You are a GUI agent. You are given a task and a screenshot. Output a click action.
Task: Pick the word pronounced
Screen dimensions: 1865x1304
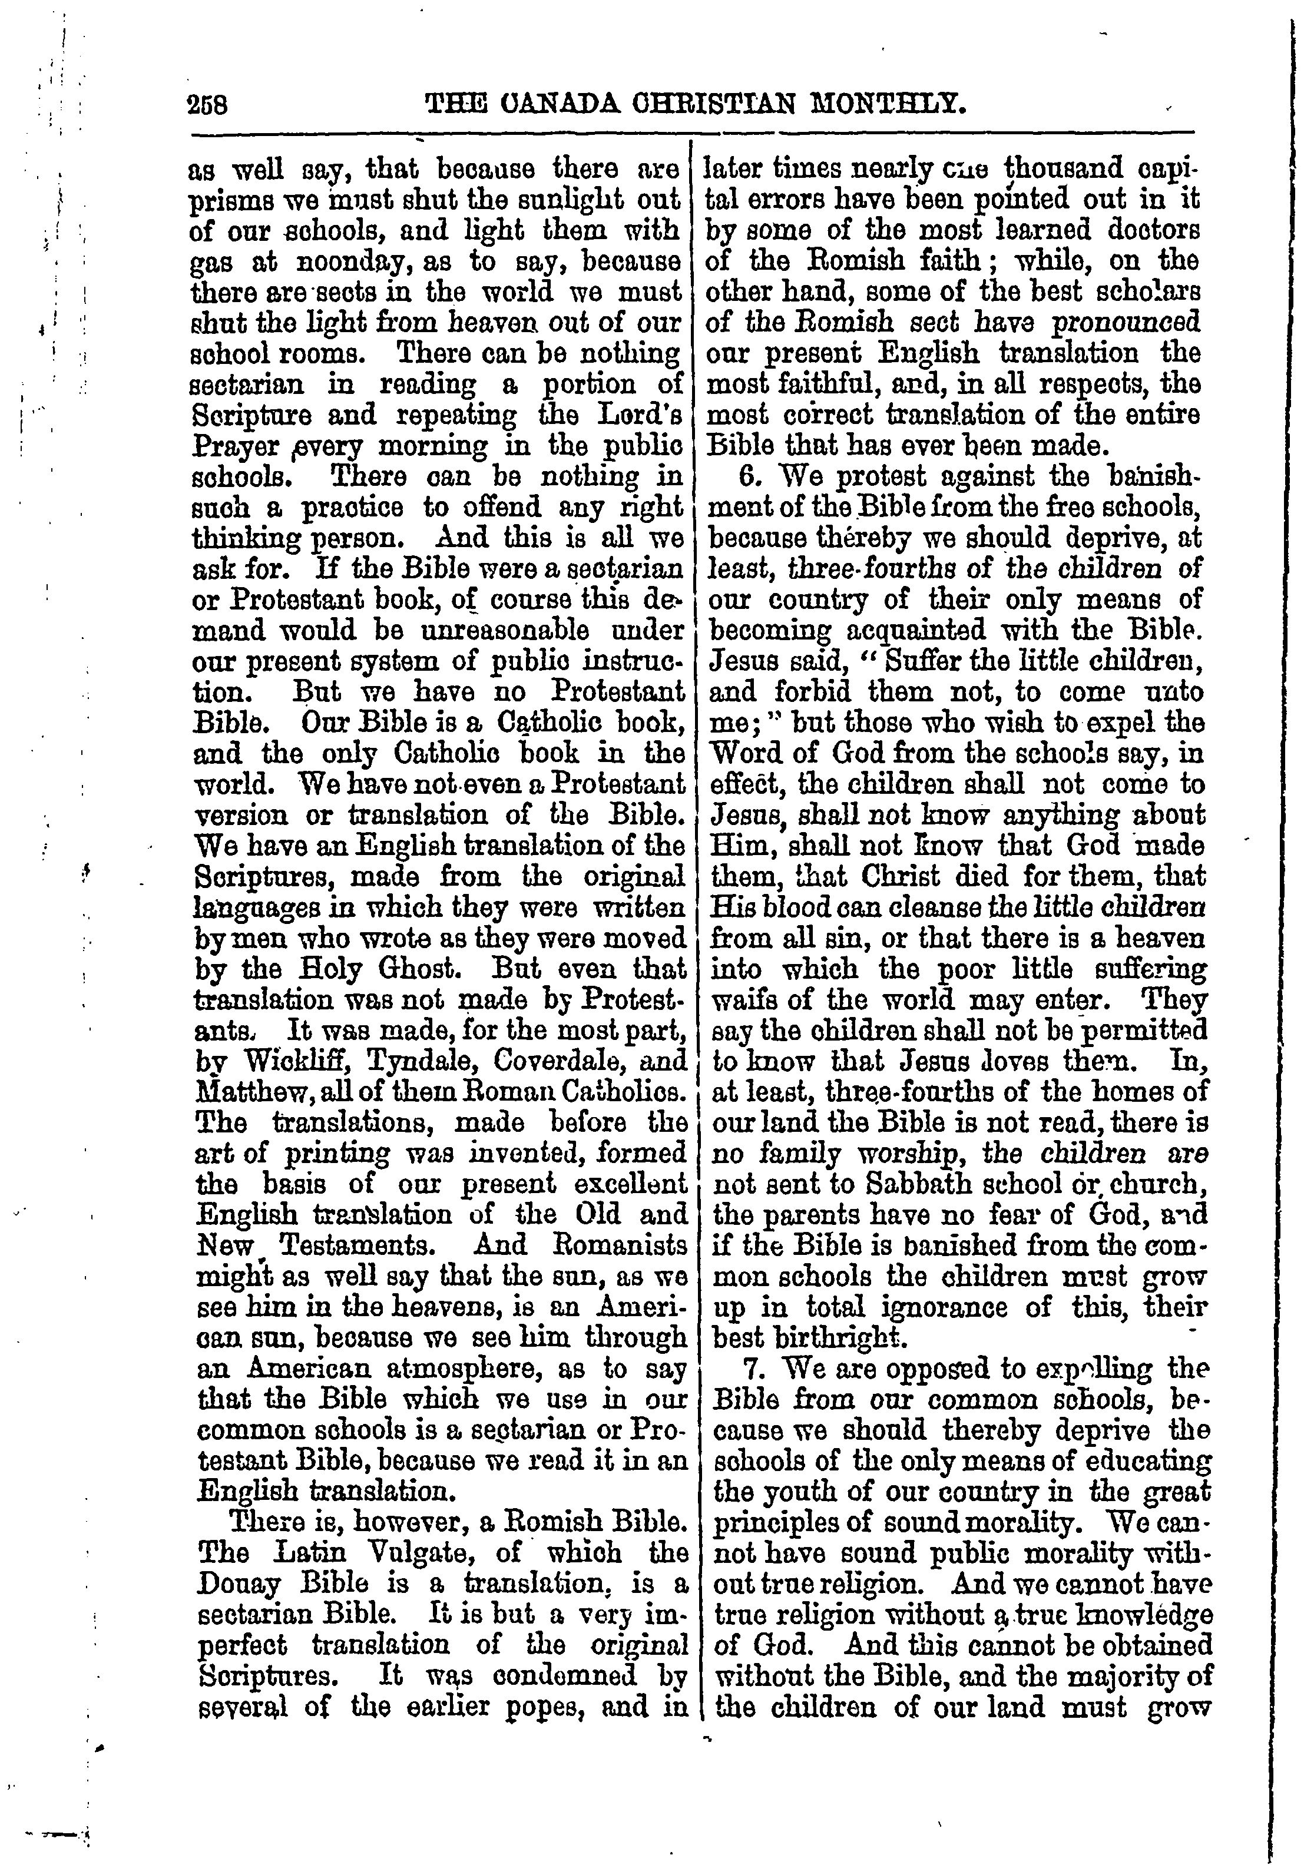(1126, 323)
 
